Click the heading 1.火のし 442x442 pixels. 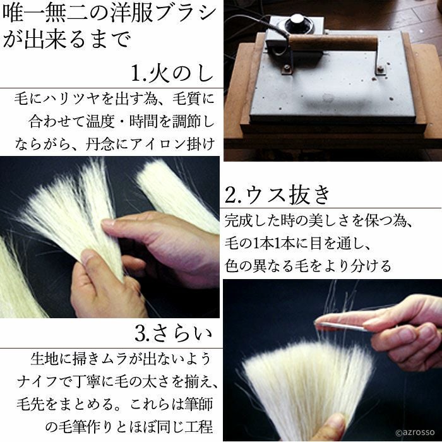[x=172, y=74]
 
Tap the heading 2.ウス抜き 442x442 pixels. [x=277, y=194]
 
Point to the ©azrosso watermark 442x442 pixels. [x=415, y=433]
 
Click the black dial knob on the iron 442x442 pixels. [x=298, y=23]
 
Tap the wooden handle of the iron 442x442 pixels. [x=333, y=43]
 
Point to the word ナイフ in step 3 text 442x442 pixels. [x=39, y=382]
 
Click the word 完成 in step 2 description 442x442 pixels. [x=239, y=221]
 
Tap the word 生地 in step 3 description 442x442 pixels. [x=45, y=359]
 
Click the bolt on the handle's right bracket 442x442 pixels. [x=381, y=69]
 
